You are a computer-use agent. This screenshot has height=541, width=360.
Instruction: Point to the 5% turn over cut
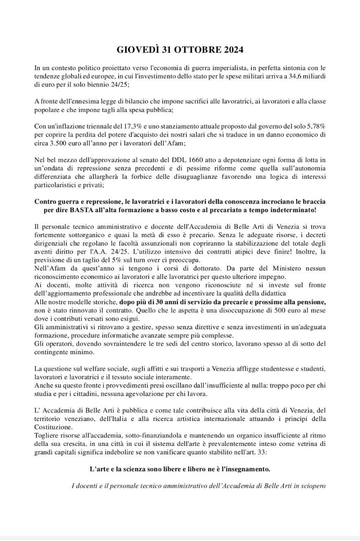point(116,260)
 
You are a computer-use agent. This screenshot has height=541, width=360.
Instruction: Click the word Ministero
point(290,268)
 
